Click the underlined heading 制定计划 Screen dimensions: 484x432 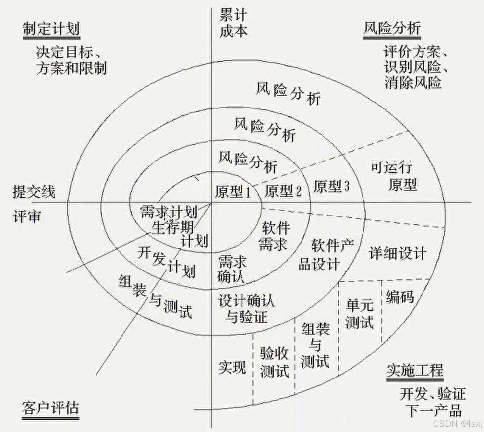pyautogui.click(x=51, y=29)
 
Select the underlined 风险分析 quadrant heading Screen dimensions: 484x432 pyautogui.click(x=392, y=28)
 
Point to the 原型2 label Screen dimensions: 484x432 pyautogui.click(x=283, y=190)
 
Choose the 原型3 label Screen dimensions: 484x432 pyautogui.click(x=332, y=186)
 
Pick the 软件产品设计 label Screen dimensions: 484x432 pyautogui.click(x=325, y=255)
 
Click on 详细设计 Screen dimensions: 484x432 pyautogui.click(x=398, y=254)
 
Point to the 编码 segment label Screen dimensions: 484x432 pyautogui.click(x=400, y=297)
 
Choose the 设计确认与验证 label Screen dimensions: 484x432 pyautogui.click(x=246, y=308)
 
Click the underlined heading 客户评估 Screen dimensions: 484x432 pyautogui.click(x=51, y=409)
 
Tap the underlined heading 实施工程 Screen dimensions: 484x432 pyautogui.click(x=415, y=371)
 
